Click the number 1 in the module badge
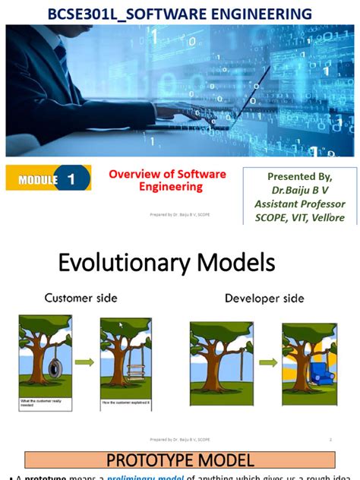coord(71,180)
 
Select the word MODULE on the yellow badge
coord(38,181)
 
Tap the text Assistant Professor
coord(299,204)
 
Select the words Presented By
coord(299,176)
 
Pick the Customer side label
coord(81,298)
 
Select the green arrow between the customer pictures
coord(86,362)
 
